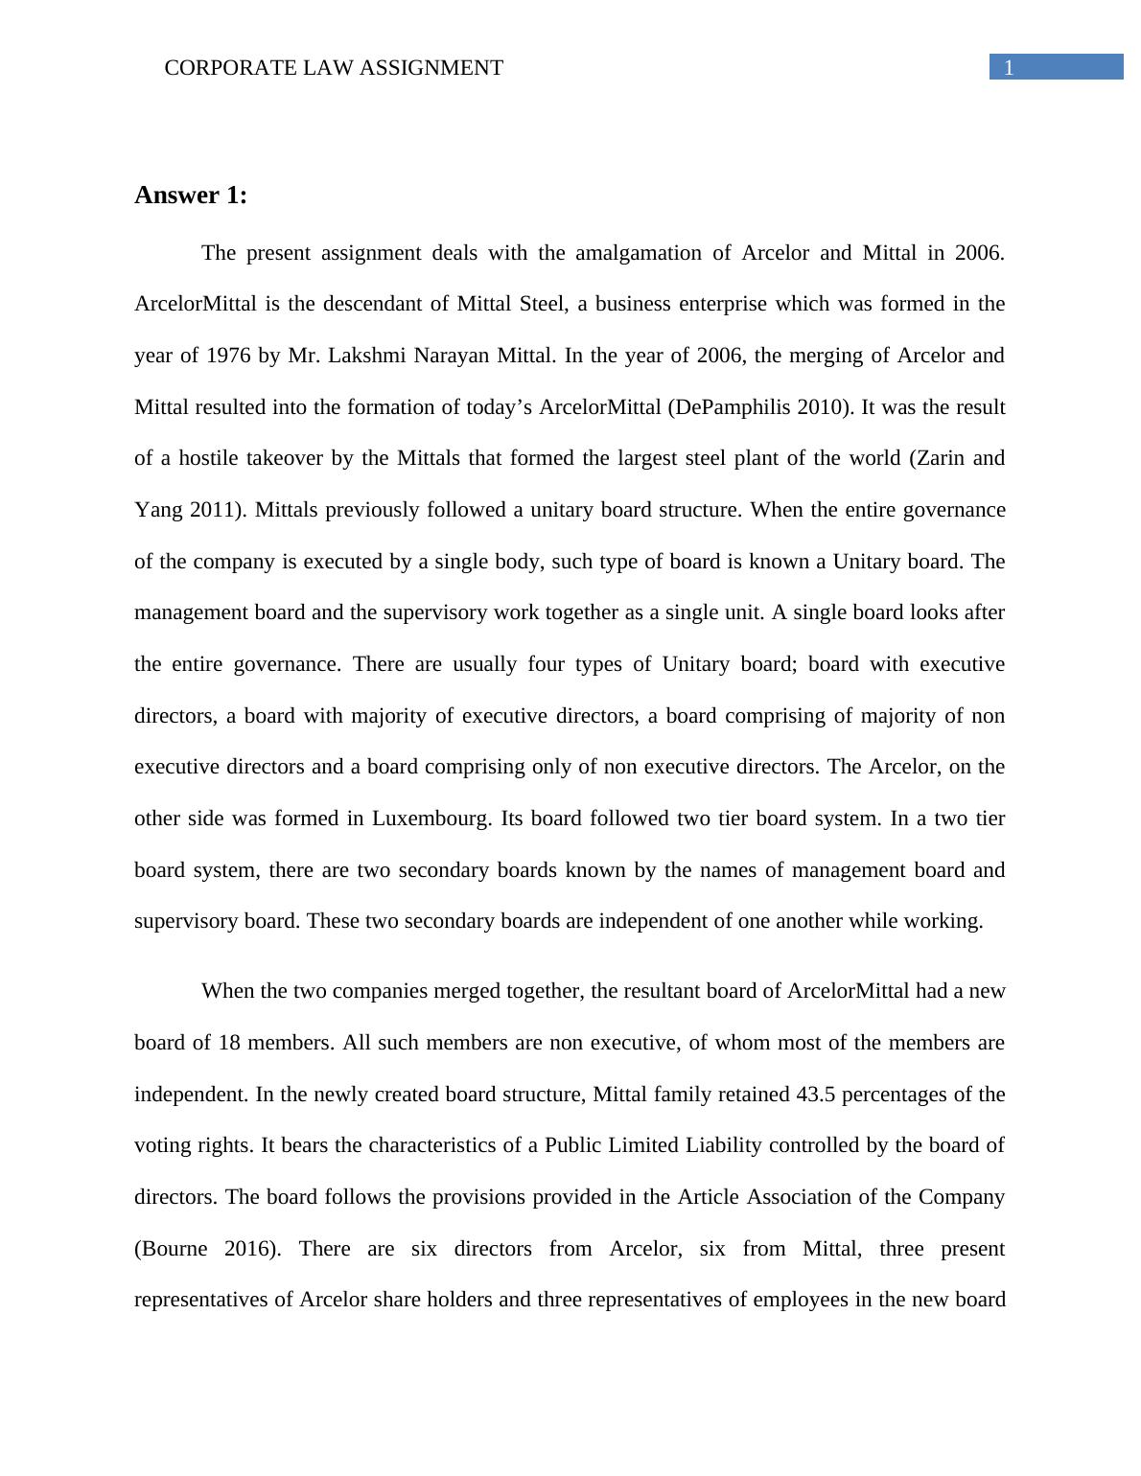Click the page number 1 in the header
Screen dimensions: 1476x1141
[x=1009, y=67]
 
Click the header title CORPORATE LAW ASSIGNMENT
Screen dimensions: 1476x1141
[x=334, y=68]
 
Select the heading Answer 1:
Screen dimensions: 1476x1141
[x=191, y=196]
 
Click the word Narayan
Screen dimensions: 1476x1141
[x=450, y=356]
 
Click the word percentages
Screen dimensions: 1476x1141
[x=896, y=1095]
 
